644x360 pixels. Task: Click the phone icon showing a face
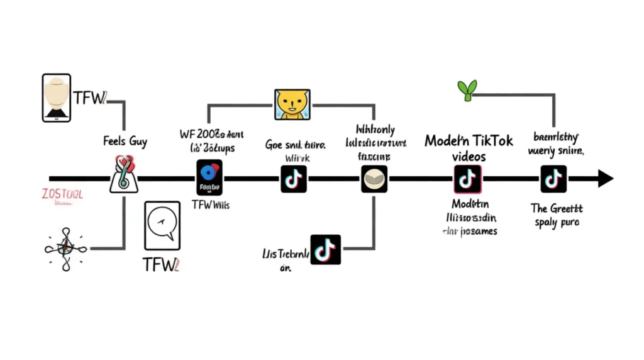point(57,98)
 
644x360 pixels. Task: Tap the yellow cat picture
point(292,104)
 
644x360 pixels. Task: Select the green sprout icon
point(467,90)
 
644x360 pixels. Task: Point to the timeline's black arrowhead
point(605,179)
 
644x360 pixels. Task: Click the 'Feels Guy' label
point(125,141)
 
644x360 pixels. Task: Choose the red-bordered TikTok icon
point(467,179)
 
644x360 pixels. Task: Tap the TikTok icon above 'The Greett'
point(553,179)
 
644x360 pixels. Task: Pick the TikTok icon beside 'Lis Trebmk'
point(326,249)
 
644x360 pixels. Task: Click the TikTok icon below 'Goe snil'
point(294,179)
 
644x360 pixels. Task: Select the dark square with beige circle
point(374,179)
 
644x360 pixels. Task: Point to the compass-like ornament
point(64,249)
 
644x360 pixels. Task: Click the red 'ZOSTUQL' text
point(61,194)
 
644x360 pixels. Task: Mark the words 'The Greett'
point(557,208)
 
